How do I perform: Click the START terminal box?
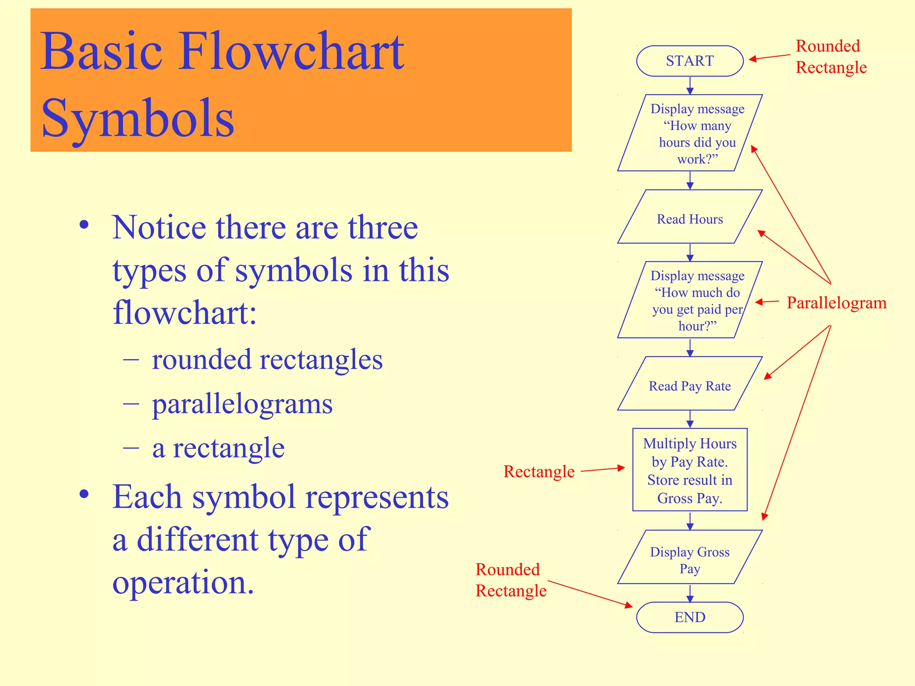click(689, 61)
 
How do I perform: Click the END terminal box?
click(689, 617)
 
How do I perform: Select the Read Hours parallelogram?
click(689, 219)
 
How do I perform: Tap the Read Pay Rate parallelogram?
click(689, 385)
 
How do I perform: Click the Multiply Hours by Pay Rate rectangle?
click(689, 470)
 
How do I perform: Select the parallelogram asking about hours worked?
click(689, 134)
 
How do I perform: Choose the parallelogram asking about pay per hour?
click(689, 301)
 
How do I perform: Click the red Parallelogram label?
click(836, 303)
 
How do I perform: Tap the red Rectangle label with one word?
click(539, 472)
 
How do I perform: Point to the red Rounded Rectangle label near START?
click(831, 57)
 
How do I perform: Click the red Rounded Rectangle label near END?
click(511, 580)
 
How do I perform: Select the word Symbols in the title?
click(138, 118)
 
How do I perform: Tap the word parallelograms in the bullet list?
click(242, 405)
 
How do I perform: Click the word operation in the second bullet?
click(183, 582)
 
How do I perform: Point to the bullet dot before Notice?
click(84, 225)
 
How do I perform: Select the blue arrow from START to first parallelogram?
click(690, 85)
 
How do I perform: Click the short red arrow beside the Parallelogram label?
click(767, 302)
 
